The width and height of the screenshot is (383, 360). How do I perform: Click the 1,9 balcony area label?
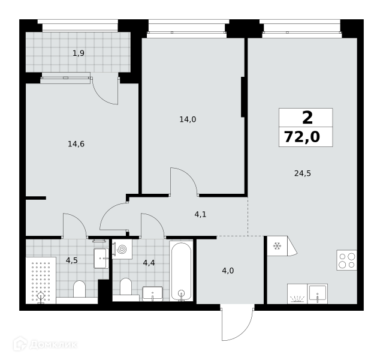point(79,53)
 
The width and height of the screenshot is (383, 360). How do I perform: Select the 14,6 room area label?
point(76,144)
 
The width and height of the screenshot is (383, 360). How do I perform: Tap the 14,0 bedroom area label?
point(188,119)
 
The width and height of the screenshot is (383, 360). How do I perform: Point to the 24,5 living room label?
point(303,173)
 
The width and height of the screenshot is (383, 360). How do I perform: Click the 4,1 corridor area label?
point(201,214)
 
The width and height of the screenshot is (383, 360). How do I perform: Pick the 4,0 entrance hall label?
point(228,271)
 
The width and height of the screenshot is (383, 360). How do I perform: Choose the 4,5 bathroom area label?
point(72,260)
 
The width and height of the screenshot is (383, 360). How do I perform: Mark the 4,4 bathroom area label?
point(149,263)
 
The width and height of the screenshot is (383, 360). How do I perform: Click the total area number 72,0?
point(302,137)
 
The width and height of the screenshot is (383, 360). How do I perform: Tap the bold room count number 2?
point(307,118)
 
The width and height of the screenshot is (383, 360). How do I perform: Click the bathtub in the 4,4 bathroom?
point(181,271)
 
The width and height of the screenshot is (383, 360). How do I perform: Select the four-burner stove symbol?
point(346,260)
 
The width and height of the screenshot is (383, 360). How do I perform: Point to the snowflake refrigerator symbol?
point(277,246)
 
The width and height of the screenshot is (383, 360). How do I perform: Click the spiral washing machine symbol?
point(122,249)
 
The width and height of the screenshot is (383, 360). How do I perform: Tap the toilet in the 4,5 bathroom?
point(79,289)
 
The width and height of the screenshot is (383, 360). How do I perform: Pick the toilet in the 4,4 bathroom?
point(126,286)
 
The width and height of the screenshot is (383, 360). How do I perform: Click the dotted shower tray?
point(41,280)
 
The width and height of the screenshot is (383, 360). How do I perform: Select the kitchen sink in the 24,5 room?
point(317,293)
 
